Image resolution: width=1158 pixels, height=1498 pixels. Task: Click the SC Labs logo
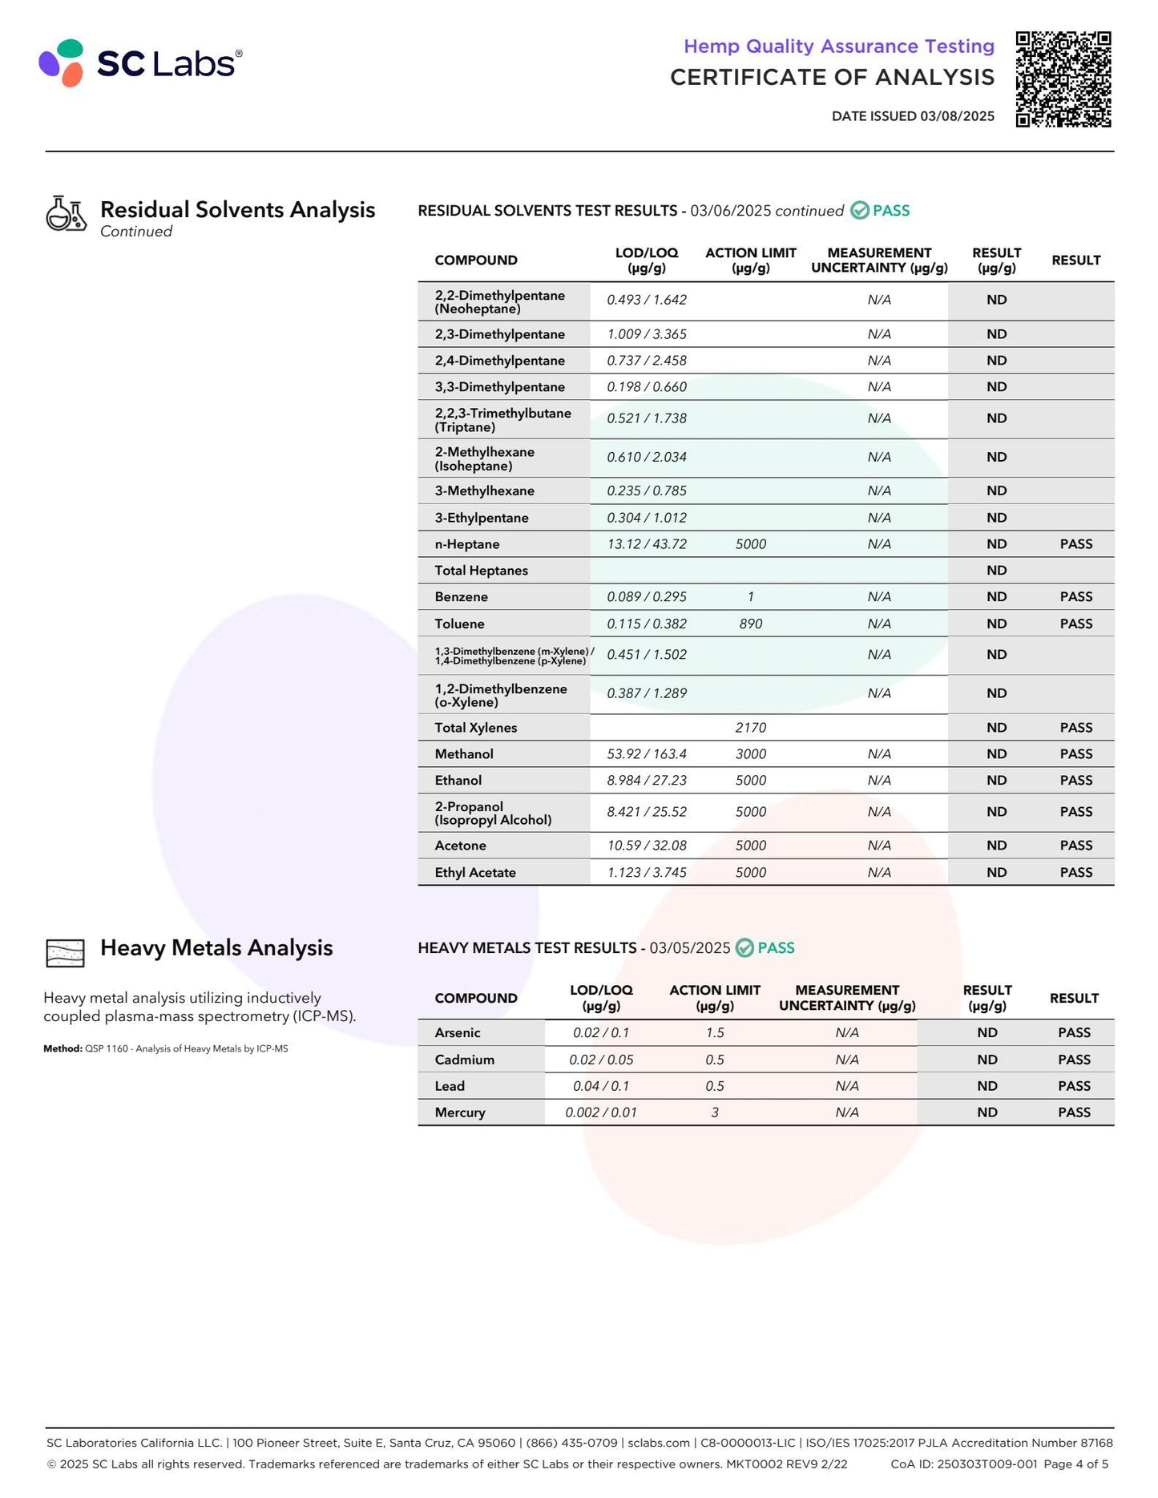tap(140, 63)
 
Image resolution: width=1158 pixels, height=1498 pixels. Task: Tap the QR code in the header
tap(1063, 79)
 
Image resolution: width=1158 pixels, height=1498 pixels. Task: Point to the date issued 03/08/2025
tap(913, 116)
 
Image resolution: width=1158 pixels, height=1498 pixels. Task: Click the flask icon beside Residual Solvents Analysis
tap(66, 214)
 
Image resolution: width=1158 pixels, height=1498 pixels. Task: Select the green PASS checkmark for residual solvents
tap(860, 211)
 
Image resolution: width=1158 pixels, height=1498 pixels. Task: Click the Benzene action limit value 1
tap(750, 597)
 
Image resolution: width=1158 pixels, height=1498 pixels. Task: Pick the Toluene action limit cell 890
tap(750, 624)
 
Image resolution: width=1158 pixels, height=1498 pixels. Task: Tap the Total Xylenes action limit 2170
tap(750, 728)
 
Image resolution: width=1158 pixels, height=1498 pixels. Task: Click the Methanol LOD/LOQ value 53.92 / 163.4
tap(647, 754)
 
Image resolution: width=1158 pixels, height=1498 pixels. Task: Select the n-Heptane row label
tap(467, 544)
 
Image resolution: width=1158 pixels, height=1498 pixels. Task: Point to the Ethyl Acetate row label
tap(475, 873)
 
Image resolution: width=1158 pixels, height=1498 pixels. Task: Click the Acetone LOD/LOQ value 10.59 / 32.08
tap(647, 846)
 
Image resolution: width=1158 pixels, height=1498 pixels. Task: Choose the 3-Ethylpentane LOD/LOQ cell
tap(647, 518)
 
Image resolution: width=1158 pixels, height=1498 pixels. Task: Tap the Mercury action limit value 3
tap(715, 1112)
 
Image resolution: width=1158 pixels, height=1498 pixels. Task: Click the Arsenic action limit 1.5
tap(715, 1033)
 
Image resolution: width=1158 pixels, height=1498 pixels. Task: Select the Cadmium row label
tap(465, 1060)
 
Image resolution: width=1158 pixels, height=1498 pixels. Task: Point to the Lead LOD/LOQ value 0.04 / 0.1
tap(601, 1086)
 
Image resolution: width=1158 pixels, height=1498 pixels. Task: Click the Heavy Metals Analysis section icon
tap(66, 953)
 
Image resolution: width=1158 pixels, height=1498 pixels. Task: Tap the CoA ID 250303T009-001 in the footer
tap(963, 1464)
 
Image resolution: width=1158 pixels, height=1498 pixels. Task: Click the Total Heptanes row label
tap(482, 571)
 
